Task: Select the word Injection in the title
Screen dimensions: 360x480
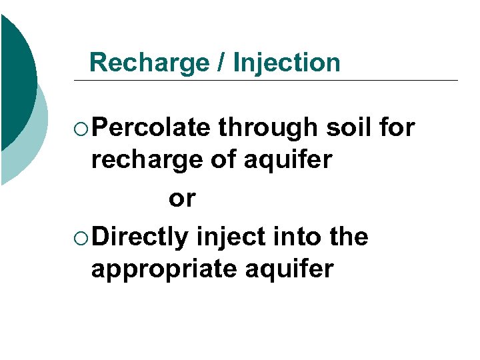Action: [287, 63]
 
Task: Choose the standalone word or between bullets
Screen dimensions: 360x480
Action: [182, 199]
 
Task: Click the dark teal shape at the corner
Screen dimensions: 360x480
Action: [15, 80]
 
